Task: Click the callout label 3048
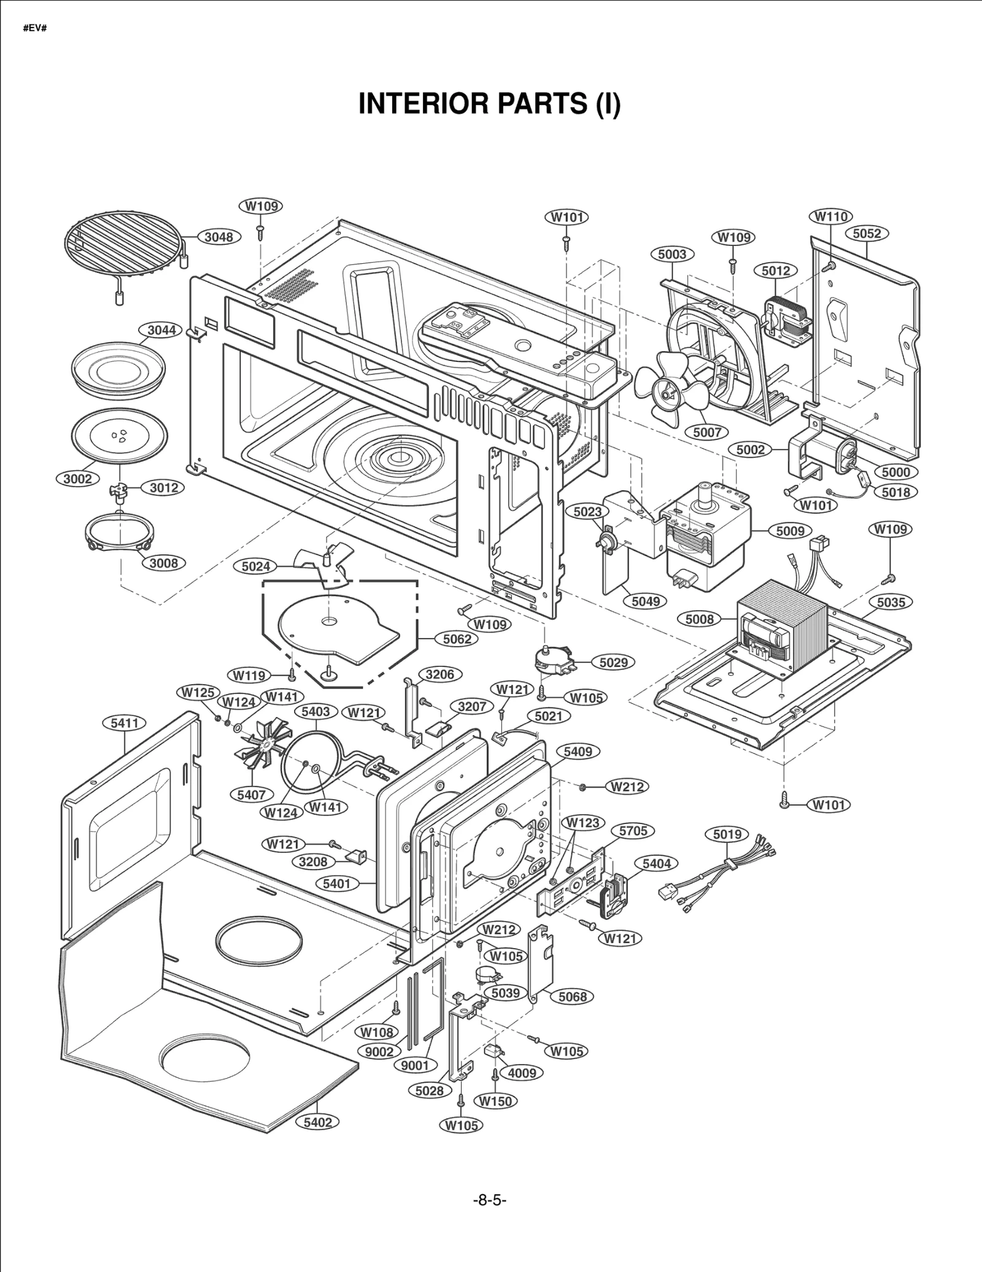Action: pyautogui.click(x=218, y=237)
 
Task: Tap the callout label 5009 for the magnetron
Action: pyautogui.click(x=790, y=531)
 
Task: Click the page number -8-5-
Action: pyautogui.click(x=489, y=1200)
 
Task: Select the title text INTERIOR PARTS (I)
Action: pyautogui.click(x=489, y=104)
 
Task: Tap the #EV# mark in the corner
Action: pyautogui.click(x=35, y=29)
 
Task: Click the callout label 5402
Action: pyautogui.click(x=317, y=1122)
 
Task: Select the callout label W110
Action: pyautogui.click(x=830, y=216)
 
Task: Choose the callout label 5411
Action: pyautogui.click(x=124, y=723)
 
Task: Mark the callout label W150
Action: pyautogui.click(x=495, y=1101)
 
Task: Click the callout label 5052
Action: pyautogui.click(x=867, y=233)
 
